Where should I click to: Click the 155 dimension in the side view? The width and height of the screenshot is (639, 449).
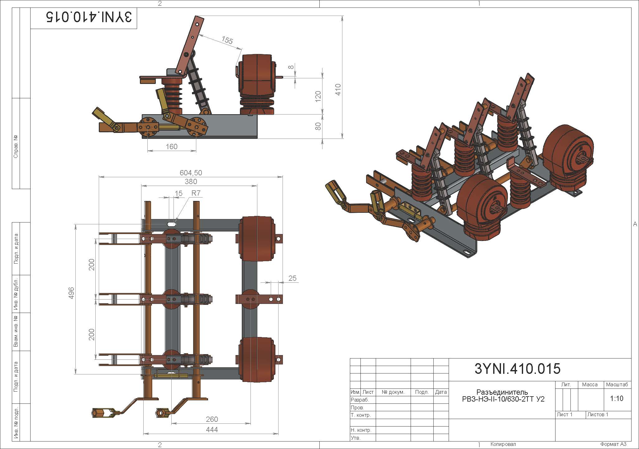tap(227, 40)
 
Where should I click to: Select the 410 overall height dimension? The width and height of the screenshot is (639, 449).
tap(338, 90)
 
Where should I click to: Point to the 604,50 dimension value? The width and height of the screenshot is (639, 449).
tap(191, 173)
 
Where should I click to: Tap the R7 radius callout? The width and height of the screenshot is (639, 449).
tap(196, 193)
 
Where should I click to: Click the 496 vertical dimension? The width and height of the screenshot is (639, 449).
tap(71, 293)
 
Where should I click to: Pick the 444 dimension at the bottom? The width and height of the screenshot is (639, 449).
tap(212, 430)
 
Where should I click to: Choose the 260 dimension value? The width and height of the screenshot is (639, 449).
tap(212, 419)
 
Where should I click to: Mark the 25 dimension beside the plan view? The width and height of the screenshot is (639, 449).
tap(292, 278)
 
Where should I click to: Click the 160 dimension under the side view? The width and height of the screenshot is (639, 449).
tap(172, 147)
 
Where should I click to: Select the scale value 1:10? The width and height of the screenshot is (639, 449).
tap(617, 398)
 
